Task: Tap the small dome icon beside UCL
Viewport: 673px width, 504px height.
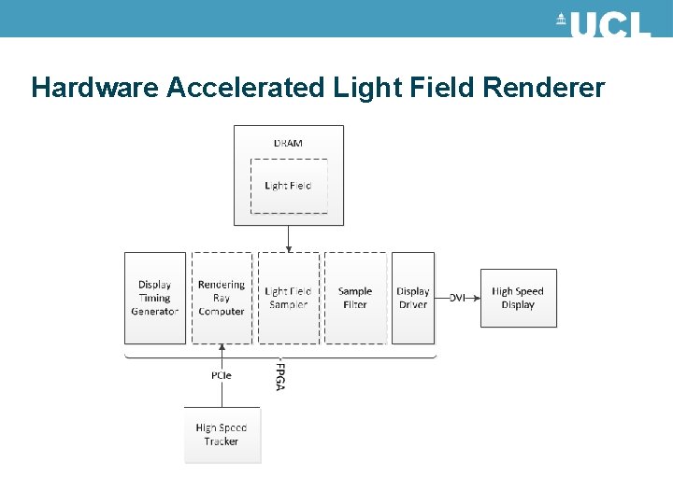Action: [561, 20]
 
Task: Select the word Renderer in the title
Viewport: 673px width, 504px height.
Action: [544, 88]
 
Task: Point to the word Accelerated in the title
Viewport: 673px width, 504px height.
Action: [247, 88]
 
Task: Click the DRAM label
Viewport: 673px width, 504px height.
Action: [288, 143]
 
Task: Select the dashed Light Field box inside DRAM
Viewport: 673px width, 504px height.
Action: [288, 186]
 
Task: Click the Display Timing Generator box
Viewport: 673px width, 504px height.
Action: [155, 298]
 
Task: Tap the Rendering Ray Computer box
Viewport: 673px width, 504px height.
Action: [222, 298]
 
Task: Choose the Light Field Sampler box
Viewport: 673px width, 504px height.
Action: [288, 298]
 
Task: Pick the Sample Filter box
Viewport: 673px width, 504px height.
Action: [355, 298]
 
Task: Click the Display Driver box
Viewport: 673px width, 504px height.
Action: [413, 298]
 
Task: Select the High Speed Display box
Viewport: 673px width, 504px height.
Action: [518, 298]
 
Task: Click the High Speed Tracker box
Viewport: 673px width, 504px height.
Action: [222, 434]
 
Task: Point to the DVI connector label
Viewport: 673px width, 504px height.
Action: [457, 298]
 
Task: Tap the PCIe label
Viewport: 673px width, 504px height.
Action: [222, 375]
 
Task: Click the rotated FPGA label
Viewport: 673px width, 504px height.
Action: [280, 375]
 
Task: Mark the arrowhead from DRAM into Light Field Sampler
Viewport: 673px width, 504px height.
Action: [289, 248]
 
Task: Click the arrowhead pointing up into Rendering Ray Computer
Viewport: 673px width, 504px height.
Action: [222, 348]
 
